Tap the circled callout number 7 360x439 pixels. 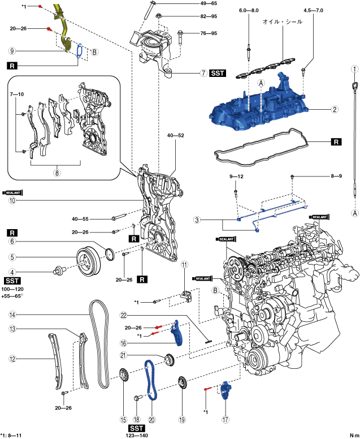pos(203,74)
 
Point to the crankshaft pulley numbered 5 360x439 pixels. pos(88,261)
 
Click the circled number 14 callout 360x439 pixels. pos(12,315)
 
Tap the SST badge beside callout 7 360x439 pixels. pos(218,74)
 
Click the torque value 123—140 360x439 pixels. pos(137,436)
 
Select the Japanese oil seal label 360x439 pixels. pos(283,21)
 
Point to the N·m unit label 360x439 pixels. pos(354,436)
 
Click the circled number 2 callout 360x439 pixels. pos(335,109)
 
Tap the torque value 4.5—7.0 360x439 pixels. pos(313,10)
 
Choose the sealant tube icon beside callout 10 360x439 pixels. pos(12,192)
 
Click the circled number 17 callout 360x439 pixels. pos(225,419)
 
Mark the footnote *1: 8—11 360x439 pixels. pos(11,436)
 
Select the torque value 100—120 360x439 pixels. pos(12,289)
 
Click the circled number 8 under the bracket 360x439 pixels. pos(57,173)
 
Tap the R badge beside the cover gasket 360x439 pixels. pos(336,142)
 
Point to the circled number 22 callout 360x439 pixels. pos(123,315)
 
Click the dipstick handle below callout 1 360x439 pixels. pos(355,85)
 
